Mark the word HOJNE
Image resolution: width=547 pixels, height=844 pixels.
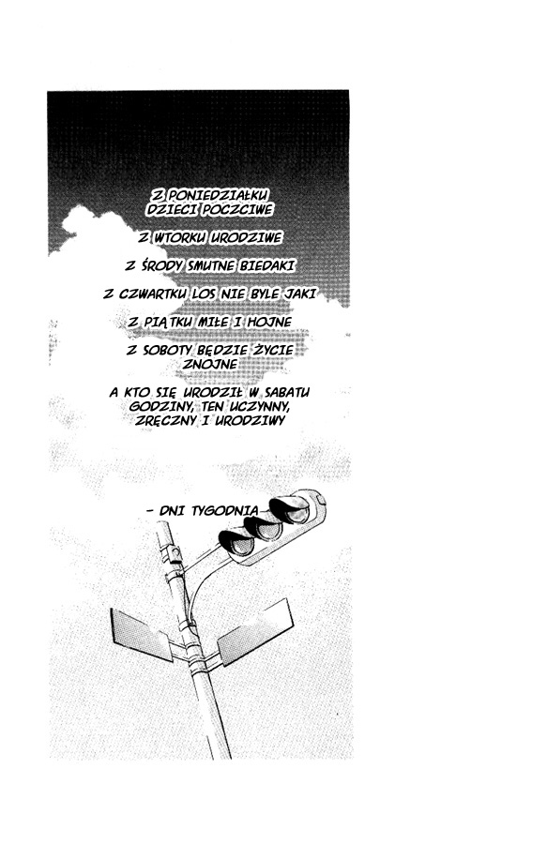pyautogui.click(x=269, y=322)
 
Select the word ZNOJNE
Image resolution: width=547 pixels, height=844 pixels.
pyautogui.click(x=210, y=365)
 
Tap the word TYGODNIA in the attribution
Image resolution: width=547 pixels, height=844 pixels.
pyautogui.click(x=225, y=510)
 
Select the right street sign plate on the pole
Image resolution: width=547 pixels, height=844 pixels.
pyautogui.click(x=254, y=633)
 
